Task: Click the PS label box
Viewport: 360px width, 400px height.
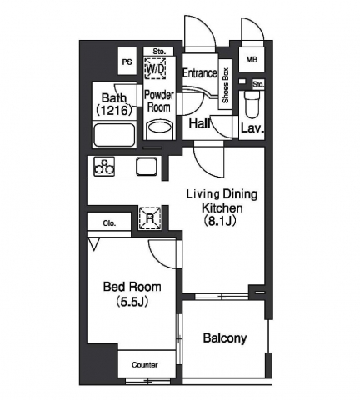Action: point(127,62)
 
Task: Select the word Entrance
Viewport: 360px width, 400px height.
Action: point(199,72)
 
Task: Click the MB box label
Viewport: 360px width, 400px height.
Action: point(251,60)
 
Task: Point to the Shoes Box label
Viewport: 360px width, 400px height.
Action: point(225,86)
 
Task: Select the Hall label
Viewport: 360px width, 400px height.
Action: point(198,123)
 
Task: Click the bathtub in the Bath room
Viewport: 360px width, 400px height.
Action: point(116,134)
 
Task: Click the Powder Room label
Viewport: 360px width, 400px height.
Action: point(158,100)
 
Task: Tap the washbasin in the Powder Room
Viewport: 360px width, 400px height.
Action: point(157,129)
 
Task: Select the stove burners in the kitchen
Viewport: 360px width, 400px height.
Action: point(105,167)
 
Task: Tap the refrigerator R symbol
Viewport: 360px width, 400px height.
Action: point(148,218)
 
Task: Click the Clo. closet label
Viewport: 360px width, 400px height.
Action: point(109,222)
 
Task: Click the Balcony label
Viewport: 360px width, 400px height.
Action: point(225,338)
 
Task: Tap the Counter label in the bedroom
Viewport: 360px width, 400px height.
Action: point(145,365)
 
